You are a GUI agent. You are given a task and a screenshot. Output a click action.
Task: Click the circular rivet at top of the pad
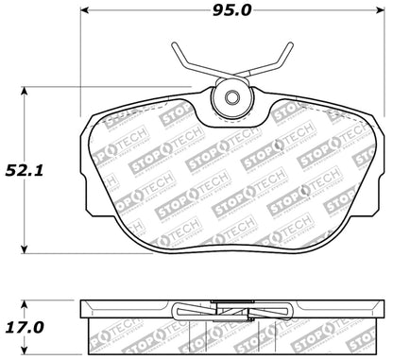[231, 97]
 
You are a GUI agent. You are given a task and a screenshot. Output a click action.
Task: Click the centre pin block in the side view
[231, 308]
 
